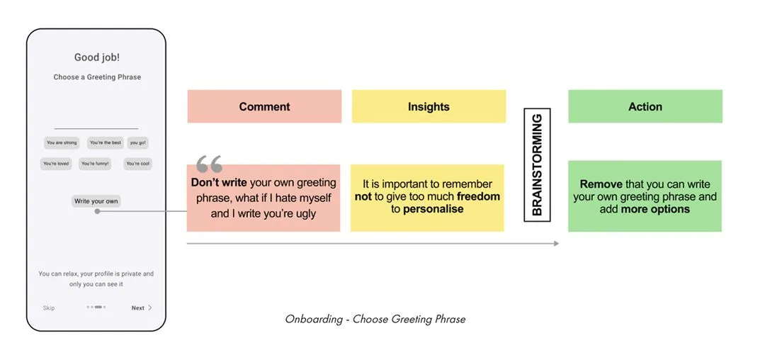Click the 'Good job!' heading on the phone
click(96, 57)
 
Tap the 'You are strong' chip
click(62, 143)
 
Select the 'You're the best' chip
click(106, 143)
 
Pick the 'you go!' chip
click(138, 143)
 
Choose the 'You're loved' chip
click(56, 164)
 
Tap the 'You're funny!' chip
click(96, 164)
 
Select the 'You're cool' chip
click(137, 164)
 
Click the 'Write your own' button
click(96, 201)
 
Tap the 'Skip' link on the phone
click(49, 308)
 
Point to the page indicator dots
click(96, 308)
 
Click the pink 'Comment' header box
click(264, 106)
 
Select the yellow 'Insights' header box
click(429, 106)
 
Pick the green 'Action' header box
click(645, 106)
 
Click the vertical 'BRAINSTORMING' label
click(537, 164)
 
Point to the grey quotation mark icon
click(209, 164)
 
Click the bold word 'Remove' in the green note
click(601, 184)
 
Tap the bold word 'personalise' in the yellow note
click(433, 209)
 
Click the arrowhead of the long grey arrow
click(556, 243)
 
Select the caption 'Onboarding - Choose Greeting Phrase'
click(375, 319)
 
